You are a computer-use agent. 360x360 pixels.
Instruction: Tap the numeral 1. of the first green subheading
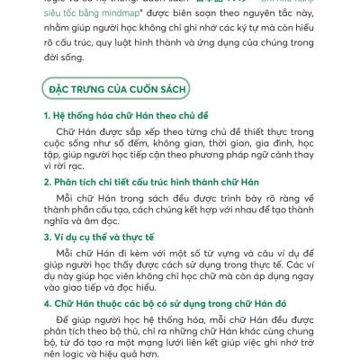48,116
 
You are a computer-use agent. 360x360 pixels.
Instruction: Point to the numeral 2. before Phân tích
48,182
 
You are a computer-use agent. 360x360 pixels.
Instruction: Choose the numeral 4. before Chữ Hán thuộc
48,303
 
